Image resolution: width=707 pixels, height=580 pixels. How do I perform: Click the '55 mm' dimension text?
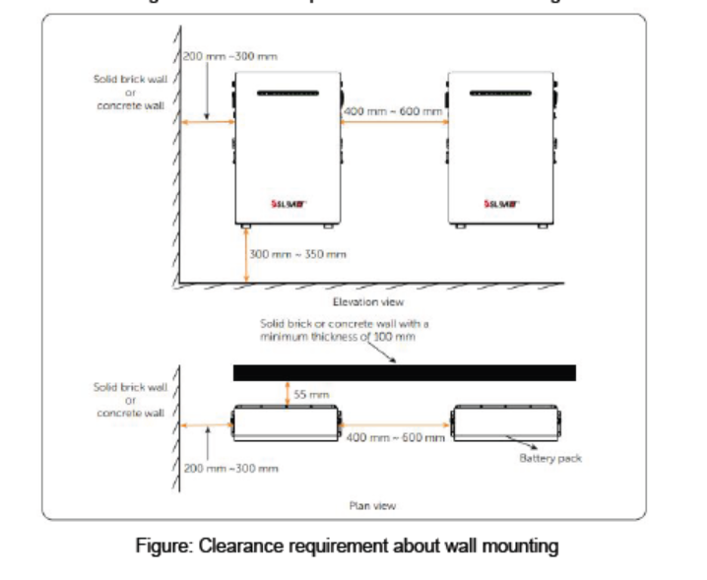[x=308, y=394]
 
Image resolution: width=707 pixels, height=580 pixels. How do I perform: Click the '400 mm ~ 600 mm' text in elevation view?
[x=392, y=111]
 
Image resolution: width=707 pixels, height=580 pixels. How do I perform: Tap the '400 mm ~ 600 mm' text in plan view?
[x=394, y=436]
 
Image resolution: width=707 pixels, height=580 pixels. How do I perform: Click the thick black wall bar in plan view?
[x=404, y=372]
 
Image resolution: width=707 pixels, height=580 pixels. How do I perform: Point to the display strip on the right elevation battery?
[x=498, y=95]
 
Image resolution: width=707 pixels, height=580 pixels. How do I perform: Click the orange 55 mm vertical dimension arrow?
[x=286, y=394]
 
